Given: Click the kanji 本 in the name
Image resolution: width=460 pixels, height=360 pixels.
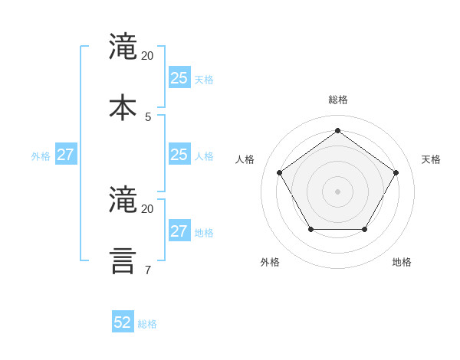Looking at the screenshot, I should click(123, 107).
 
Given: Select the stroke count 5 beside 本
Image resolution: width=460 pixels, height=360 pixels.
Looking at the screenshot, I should click(148, 117).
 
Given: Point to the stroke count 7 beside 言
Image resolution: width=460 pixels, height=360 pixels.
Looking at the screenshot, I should click(148, 270).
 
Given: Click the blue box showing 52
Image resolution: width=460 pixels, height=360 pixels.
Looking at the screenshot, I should click(123, 322).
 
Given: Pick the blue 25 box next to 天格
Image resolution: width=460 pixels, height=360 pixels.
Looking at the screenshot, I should click(179, 78).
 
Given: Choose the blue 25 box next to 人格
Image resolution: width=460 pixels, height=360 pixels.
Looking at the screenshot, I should click(179, 155).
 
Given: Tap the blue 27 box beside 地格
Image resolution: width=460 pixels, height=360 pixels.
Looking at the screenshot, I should click(179, 231).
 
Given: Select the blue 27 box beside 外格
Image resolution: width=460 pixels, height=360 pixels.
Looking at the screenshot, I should click(65, 155).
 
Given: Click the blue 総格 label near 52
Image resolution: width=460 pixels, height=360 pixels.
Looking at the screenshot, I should click(147, 324).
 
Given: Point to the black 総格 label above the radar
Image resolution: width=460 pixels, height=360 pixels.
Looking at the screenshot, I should click(338, 100).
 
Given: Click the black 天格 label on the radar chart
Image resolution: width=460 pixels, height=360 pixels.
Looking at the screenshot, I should click(431, 159).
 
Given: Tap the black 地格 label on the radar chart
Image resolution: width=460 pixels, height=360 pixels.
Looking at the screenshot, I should click(402, 262).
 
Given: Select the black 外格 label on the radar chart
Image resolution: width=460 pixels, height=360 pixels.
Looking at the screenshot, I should click(270, 262).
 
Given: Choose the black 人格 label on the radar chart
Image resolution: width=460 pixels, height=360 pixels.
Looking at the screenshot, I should click(245, 159).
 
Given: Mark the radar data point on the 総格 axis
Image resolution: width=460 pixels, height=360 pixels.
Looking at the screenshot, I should click(337, 131).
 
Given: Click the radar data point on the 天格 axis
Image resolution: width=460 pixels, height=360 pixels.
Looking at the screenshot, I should click(396, 172).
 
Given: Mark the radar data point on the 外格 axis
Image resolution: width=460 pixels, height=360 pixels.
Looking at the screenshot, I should click(310, 229).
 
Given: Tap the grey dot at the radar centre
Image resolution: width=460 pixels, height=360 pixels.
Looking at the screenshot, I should click(337, 191).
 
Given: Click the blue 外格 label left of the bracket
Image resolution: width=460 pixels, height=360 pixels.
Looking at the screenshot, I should click(41, 156).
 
